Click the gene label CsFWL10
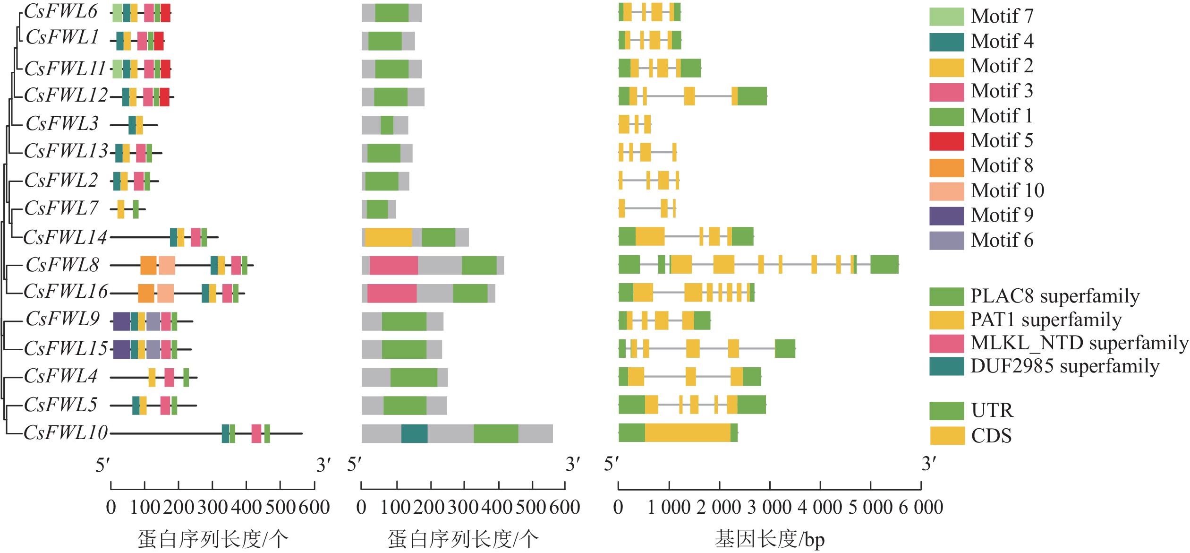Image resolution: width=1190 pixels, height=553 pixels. (66, 433)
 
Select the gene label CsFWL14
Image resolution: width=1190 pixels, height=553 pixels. (65, 237)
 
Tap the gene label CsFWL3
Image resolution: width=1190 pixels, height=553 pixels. (62, 124)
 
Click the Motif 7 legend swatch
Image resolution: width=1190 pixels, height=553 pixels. (946, 17)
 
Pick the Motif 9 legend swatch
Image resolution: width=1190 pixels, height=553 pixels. (946, 216)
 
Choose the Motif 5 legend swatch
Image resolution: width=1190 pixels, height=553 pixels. (946, 141)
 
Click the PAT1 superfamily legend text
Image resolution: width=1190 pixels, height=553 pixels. (1046, 320)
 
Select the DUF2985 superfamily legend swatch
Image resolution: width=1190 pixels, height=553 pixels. (946, 366)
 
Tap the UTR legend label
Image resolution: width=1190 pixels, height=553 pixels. (992, 410)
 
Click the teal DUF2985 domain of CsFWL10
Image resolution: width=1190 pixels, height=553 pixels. (415, 434)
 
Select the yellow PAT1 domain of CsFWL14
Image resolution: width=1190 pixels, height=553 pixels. (388, 237)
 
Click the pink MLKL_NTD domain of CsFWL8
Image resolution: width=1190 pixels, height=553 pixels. (394, 265)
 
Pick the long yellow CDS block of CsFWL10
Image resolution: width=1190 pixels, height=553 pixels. (688, 433)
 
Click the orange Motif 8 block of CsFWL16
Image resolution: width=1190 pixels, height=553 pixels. (146, 294)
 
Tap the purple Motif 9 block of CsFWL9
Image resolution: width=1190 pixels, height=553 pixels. (121, 321)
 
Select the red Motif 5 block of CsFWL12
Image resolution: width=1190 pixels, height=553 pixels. (164, 97)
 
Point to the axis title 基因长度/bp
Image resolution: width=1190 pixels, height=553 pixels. (770, 539)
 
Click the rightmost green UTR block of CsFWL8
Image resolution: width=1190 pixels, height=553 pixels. (884, 264)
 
